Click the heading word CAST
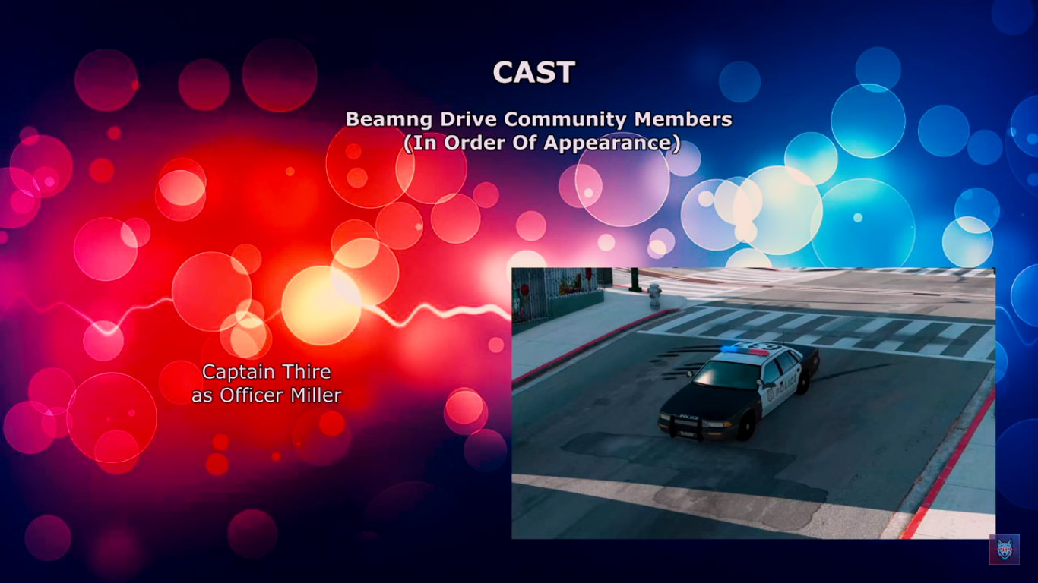point(533,73)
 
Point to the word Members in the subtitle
point(683,119)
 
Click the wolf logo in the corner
point(1004,550)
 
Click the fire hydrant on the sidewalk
point(654,295)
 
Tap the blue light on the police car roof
point(732,348)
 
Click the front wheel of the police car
point(746,427)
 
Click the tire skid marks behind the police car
point(681,357)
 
